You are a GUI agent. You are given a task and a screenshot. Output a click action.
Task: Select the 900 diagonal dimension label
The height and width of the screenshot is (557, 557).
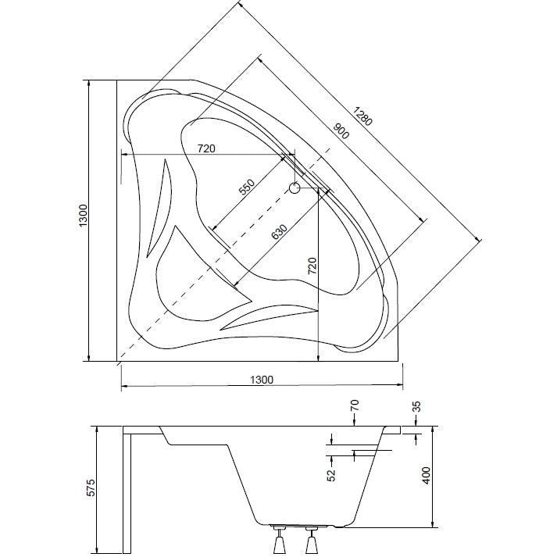tap(341, 130)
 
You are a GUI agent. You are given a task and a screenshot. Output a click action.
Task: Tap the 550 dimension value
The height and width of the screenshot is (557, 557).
tap(247, 187)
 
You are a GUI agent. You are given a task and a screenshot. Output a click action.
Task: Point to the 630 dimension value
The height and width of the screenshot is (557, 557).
tap(278, 231)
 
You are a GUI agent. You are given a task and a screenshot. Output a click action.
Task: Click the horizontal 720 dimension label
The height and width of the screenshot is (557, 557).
tap(206, 148)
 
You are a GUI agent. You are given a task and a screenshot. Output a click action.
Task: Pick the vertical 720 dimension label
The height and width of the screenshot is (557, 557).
tap(312, 266)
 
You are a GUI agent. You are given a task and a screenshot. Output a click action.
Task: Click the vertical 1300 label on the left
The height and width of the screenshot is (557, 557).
tap(83, 216)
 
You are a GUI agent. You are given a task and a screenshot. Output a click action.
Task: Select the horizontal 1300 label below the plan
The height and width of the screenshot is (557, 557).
tap(262, 380)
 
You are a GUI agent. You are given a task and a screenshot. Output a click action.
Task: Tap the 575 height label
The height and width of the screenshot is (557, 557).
tap(91, 487)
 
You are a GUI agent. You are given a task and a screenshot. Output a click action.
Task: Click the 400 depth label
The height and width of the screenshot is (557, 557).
tap(426, 475)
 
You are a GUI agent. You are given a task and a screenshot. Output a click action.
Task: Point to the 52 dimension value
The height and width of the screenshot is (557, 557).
tap(331, 475)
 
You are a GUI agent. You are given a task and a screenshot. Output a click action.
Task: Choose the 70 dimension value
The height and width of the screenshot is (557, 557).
tap(355, 405)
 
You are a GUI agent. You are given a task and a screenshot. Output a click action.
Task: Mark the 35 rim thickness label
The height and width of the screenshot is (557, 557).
tap(416, 406)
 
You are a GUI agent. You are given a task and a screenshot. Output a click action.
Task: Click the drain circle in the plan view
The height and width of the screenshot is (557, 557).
tap(295, 187)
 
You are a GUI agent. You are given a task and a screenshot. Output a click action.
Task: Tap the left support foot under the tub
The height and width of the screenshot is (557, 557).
tap(279, 541)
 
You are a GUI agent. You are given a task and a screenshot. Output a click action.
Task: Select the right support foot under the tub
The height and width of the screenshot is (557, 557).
tap(312, 541)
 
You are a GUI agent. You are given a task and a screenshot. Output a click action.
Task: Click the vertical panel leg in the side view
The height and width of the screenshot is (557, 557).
tap(127, 494)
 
